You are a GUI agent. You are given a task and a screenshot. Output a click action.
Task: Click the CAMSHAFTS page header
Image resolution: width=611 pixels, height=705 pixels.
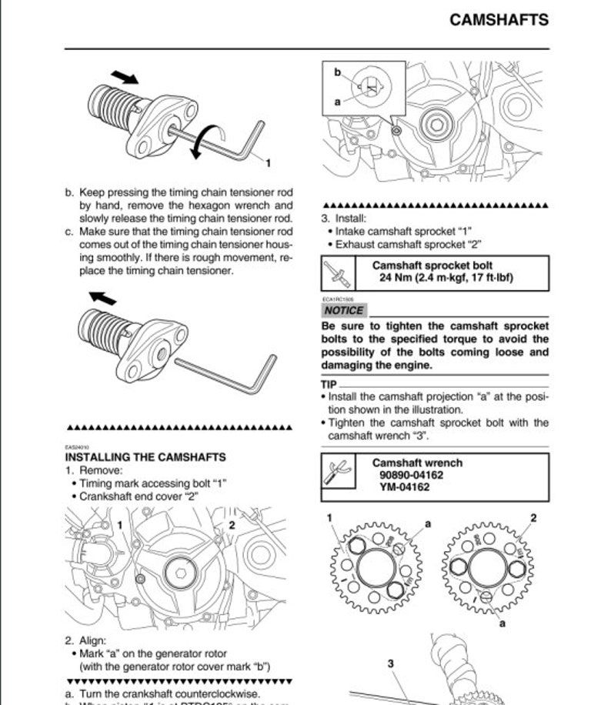[x=499, y=20]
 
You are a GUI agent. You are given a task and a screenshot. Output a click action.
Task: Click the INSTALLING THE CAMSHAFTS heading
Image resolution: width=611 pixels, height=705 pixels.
[x=145, y=457]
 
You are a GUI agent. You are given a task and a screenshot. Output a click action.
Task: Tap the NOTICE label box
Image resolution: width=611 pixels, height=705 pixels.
[x=343, y=310]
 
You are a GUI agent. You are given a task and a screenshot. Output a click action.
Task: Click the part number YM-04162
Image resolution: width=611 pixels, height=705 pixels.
[x=404, y=486]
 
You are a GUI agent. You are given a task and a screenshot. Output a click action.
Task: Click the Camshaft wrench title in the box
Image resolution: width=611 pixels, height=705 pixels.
[x=417, y=463]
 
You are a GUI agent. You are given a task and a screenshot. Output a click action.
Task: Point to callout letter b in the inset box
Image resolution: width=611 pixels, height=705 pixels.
[x=337, y=72]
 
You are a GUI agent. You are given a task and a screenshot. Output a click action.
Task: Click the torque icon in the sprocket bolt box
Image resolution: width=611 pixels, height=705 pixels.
[x=336, y=272]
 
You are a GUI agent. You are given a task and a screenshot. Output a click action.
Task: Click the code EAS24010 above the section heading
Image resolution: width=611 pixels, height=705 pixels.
[x=77, y=446]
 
